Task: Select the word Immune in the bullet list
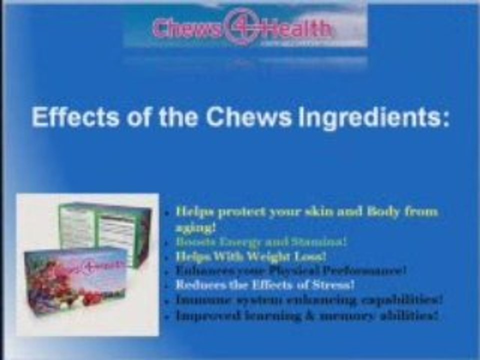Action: click(x=197, y=300)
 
